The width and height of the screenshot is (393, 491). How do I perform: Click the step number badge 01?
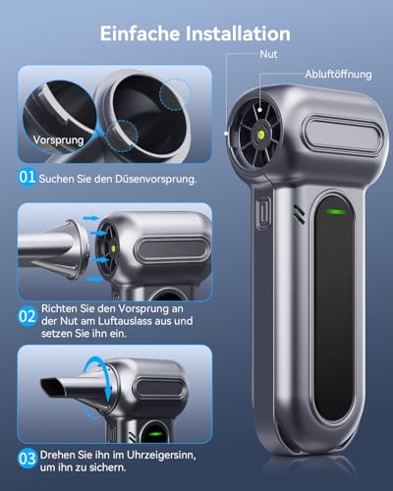click(x=26, y=178)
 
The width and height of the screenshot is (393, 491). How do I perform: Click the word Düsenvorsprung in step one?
click(x=146, y=179)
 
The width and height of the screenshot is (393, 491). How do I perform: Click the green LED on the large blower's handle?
click(x=335, y=209)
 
